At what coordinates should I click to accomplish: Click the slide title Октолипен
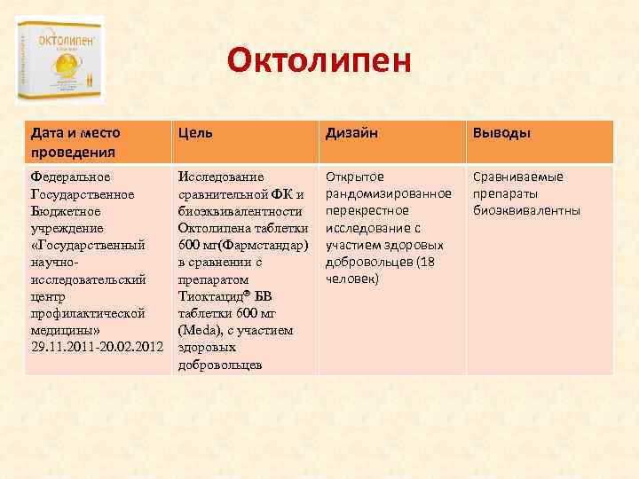319,61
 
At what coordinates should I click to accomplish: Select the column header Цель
195,133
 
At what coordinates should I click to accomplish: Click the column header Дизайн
351,133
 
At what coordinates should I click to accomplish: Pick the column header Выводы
501,133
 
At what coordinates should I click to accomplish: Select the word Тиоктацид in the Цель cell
214,296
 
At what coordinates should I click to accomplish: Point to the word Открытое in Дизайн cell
355,177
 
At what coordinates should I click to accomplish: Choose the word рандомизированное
389,193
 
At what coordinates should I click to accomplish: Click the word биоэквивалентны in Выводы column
526,211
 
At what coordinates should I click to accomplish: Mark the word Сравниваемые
517,177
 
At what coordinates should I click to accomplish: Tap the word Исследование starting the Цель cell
221,177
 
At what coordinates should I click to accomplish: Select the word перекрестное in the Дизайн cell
367,211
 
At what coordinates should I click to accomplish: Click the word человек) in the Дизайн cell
352,279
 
